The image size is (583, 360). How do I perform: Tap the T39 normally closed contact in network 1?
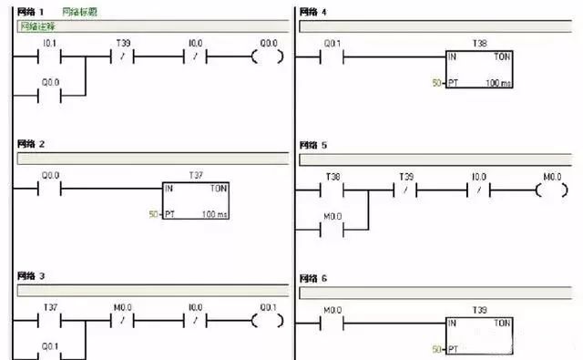(x=122, y=57)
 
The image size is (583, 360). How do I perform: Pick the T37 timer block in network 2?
(x=195, y=200)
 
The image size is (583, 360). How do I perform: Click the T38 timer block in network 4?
(x=479, y=68)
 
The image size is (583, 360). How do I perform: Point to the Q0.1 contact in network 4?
(x=332, y=57)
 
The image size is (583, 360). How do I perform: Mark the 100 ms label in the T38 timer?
(x=497, y=83)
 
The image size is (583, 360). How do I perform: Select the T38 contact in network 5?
(x=332, y=190)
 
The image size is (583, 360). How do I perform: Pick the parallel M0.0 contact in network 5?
(x=332, y=222)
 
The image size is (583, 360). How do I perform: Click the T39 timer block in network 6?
(x=479, y=334)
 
